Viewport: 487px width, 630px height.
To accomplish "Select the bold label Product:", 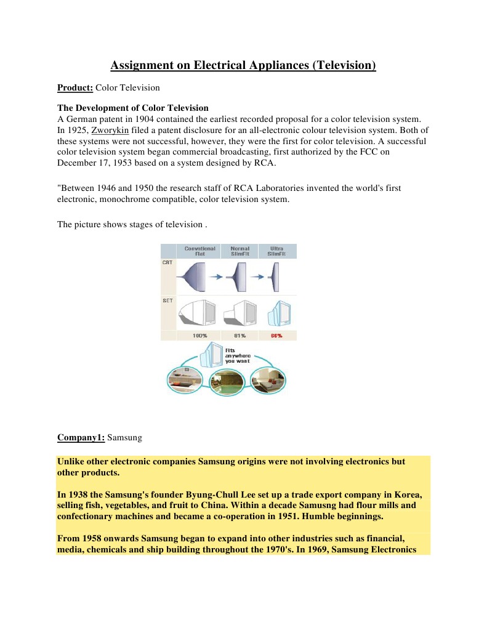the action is (75, 87).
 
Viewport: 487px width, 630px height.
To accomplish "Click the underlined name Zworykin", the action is (110, 130).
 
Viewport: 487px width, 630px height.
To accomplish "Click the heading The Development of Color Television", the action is (132, 108).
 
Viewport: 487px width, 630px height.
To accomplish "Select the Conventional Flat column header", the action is (199, 251).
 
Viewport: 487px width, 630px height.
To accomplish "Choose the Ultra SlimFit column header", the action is (276, 251).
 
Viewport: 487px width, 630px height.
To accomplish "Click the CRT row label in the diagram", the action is (167, 262).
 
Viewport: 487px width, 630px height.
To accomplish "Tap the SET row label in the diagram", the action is (167, 301).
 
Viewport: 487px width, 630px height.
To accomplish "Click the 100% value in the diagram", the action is (199, 336).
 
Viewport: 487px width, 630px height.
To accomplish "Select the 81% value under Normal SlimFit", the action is (240, 336).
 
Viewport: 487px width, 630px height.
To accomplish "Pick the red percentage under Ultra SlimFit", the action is (276, 336).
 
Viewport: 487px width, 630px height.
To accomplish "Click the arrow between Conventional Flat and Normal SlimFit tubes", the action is (216, 277).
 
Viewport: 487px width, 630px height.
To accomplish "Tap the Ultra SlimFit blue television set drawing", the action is (280, 313).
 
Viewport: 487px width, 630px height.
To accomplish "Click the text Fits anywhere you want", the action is (238, 355).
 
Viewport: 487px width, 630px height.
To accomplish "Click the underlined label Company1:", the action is (81, 437).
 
